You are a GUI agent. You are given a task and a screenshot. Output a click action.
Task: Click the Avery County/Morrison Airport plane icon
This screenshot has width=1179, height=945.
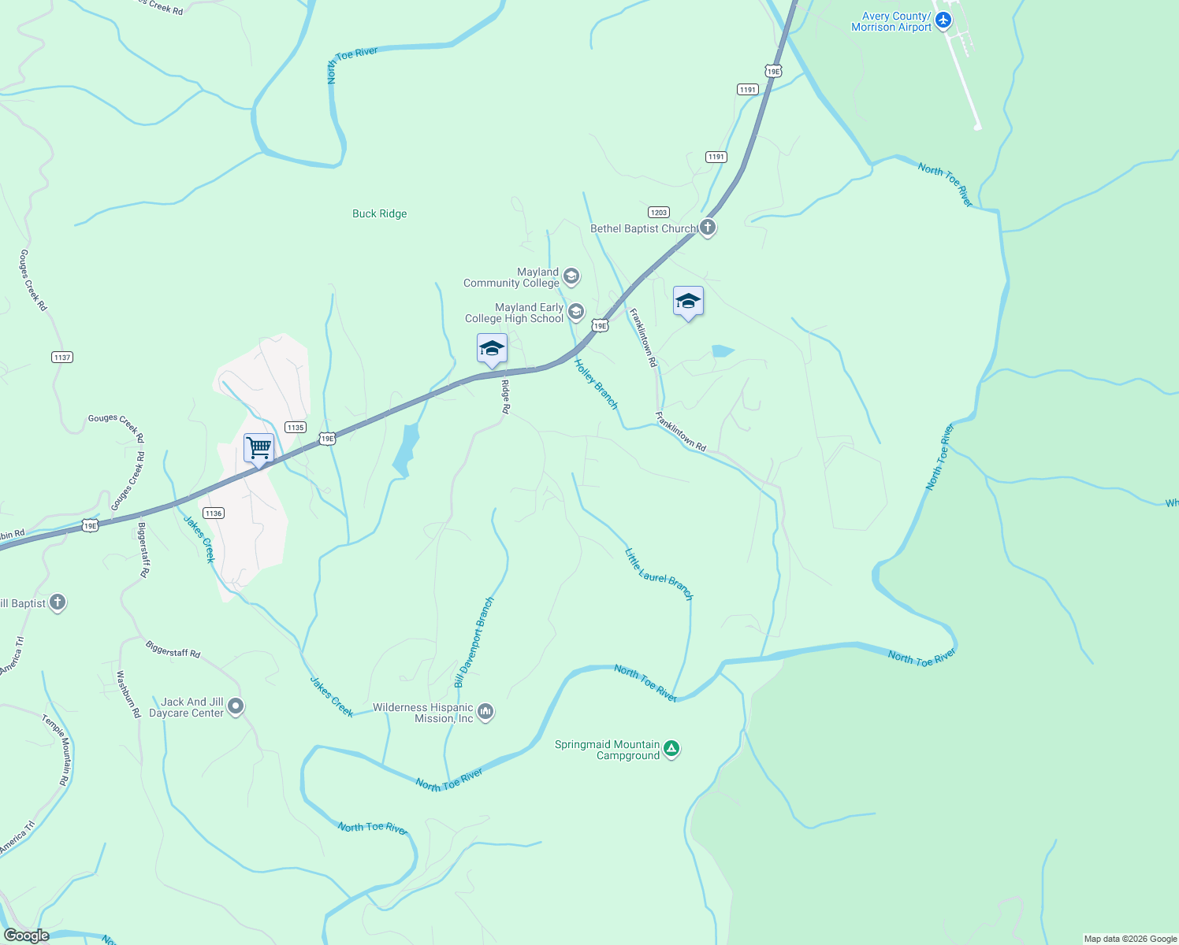(943, 20)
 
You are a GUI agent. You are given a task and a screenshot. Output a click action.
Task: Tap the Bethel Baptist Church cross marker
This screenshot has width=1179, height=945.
(708, 228)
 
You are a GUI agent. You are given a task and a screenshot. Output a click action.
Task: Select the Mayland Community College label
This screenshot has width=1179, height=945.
(511, 277)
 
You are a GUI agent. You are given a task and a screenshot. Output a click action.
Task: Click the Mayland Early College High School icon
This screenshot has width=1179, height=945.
(576, 313)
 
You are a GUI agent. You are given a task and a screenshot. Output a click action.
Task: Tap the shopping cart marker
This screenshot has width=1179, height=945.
(258, 449)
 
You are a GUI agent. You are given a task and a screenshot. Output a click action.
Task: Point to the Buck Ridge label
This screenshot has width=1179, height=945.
(379, 213)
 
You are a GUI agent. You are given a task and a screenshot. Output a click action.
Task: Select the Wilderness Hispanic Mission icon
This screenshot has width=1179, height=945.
(485, 712)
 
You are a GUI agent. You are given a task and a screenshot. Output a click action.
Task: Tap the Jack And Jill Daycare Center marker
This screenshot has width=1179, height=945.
(236, 706)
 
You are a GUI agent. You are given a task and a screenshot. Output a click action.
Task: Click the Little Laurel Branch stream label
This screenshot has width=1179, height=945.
(659, 575)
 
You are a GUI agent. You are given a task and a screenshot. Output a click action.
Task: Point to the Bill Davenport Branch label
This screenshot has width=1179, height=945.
(474, 642)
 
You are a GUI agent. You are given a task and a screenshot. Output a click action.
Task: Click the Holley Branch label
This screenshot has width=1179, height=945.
(596, 384)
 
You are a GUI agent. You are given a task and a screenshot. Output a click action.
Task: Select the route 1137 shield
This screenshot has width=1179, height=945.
(62, 358)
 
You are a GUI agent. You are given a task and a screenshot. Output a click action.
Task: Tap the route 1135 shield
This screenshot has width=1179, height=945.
(296, 428)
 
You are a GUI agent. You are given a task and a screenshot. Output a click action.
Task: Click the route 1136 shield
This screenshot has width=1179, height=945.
(213, 513)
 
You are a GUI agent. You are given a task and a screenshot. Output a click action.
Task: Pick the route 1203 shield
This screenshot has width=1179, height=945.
(659, 213)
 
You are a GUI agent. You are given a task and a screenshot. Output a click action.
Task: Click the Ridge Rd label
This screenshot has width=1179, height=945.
(506, 397)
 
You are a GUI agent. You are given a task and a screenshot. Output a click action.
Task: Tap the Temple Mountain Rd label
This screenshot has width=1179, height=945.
(55, 750)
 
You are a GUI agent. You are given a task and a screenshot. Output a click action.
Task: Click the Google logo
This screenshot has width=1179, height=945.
(26, 935)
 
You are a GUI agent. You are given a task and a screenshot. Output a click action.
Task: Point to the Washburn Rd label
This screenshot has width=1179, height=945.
(128, 694)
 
